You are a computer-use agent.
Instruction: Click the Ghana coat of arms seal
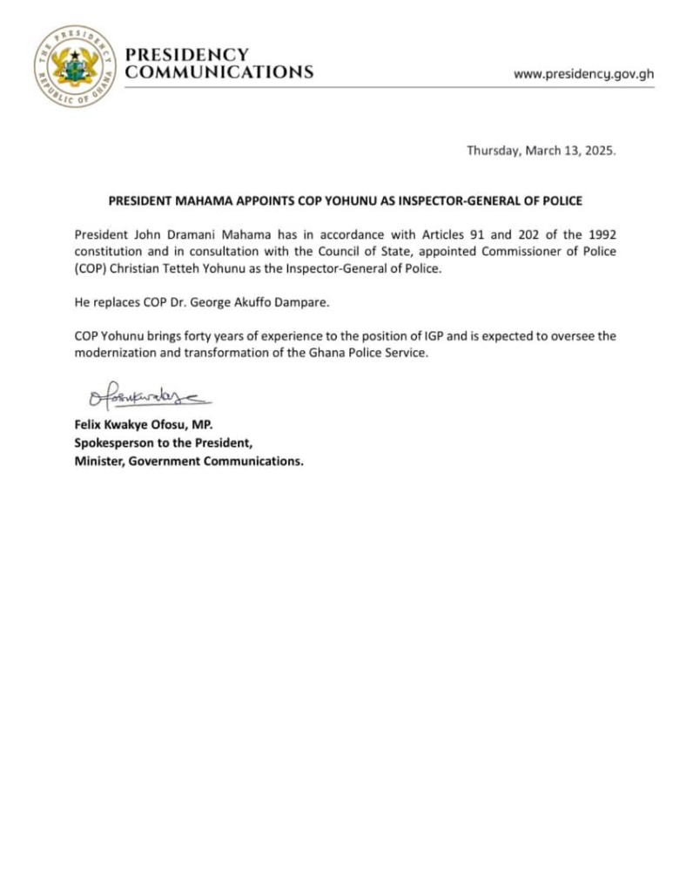coord(73,67)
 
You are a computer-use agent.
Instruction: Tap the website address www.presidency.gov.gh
coord(583,73)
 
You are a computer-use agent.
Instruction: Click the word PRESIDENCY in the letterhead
coord(188,55)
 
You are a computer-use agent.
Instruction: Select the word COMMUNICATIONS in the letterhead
coord(219,72)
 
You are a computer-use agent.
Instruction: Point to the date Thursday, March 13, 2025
coord(541,150)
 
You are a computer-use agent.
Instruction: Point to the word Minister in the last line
coord(98,462)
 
